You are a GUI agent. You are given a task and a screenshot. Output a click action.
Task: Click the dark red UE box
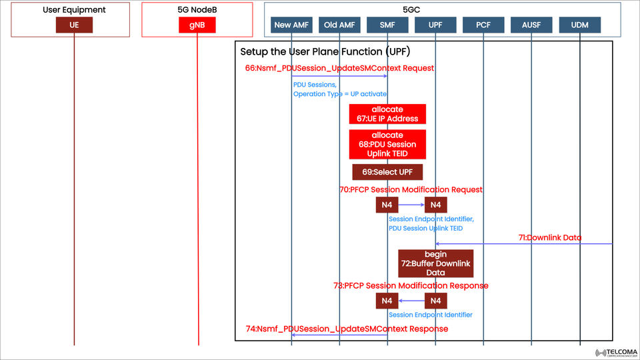74,25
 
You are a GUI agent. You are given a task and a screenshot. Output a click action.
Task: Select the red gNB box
198,25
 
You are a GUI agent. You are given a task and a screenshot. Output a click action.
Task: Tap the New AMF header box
292,25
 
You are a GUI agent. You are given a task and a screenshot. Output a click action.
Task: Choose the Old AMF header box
339,25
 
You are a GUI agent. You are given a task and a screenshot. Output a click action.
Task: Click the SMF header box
387,25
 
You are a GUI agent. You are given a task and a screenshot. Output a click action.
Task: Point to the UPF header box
435,25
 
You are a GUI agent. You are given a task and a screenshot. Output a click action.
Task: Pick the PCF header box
483,25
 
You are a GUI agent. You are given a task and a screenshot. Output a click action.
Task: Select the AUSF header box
531,25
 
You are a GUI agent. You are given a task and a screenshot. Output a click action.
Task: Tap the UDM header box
579,25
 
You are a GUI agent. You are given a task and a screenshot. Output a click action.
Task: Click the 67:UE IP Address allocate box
387,114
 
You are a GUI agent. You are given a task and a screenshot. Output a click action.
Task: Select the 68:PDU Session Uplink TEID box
387,144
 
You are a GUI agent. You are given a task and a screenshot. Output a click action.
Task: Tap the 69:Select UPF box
387,171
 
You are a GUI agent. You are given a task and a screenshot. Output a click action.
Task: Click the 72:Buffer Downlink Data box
436,263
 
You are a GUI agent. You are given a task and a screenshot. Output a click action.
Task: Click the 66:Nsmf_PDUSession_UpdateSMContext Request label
339,68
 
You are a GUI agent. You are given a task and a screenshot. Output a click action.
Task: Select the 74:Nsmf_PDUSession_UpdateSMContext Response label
347,329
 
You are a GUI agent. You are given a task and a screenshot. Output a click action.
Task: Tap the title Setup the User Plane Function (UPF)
325,52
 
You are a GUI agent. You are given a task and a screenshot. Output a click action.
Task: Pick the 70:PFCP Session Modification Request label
411,189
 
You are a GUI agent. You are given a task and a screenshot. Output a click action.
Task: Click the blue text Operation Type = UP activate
340,94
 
